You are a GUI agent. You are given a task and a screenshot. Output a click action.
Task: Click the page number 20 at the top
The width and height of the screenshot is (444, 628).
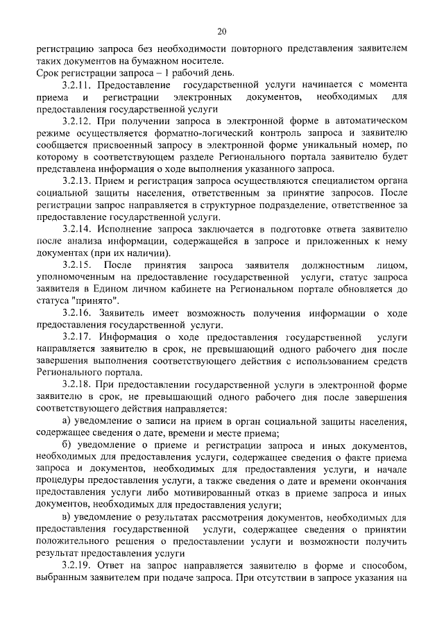[221, 31]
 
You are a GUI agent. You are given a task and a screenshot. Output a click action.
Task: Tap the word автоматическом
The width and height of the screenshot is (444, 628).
[367, 119]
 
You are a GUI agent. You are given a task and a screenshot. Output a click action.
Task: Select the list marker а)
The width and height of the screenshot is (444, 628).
[67, 421]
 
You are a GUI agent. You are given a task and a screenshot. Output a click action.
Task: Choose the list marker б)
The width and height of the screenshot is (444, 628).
[67, 445]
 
